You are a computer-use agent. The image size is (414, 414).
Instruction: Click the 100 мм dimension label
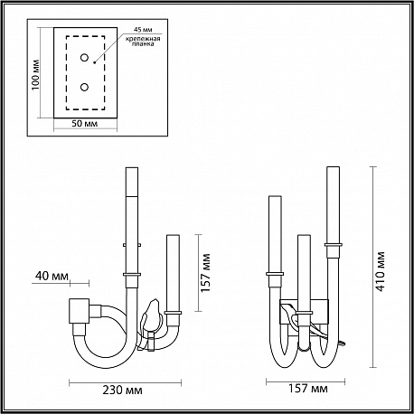click(x=35, y=74)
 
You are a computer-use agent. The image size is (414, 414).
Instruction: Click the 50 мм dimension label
click(x=85, y=124)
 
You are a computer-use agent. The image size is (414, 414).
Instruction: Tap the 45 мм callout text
click(x=143, y=30)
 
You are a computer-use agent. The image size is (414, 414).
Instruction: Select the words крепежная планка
click(x=143, y=42)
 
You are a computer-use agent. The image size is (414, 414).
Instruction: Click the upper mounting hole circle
click(x=84, y=57)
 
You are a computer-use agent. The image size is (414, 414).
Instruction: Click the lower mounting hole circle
click(x=84, y=88)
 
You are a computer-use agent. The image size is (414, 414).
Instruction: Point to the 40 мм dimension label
click(x=52, y=276)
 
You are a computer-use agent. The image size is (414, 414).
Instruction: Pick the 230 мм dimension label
click(x=122, y=390)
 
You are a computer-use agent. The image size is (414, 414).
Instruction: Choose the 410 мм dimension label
click(x=381, y=271)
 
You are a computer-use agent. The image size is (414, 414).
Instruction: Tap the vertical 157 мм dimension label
click(x=205, y=273)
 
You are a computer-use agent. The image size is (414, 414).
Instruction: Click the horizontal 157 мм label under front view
click(x=308, y=389)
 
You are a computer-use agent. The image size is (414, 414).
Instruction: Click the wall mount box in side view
click(x=80, y=311)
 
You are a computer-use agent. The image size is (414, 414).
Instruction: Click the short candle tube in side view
click(x=173, y=274)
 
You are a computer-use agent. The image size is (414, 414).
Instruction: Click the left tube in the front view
click(x=275, y=235)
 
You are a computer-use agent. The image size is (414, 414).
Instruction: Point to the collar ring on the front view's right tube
click(x=334, y=245)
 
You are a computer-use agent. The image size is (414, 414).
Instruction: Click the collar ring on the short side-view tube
click(x=173, y=313)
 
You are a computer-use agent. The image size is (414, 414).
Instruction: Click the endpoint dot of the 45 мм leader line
click(x=94, y=62)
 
